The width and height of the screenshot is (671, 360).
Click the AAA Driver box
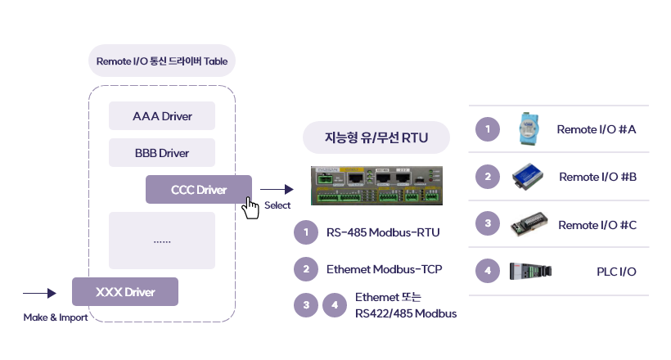point(162,116)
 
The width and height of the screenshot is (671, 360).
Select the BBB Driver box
point(162,153)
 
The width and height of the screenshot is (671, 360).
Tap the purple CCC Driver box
point(199,190)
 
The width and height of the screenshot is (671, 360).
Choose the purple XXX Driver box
point(125,291)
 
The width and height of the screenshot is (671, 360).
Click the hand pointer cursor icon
point(251,207)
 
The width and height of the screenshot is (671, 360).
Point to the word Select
point(277,205)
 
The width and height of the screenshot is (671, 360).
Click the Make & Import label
point(56,317)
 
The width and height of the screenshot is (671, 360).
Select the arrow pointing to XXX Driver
point(39,292)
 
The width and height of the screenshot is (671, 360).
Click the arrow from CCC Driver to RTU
point(276,190)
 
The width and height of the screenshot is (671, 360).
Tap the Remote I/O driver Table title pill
point(162,61)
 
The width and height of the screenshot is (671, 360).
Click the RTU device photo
point(376,186)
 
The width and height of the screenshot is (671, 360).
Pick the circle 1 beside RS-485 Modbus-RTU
point(305,233)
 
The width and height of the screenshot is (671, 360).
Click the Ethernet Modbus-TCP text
point(385,268)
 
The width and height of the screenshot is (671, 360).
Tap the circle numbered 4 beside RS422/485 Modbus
point(334,305)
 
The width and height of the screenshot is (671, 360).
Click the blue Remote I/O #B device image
point(529,176)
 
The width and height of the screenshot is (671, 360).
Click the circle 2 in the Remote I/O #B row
point(488,176)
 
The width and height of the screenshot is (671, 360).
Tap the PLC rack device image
point(530,271)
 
